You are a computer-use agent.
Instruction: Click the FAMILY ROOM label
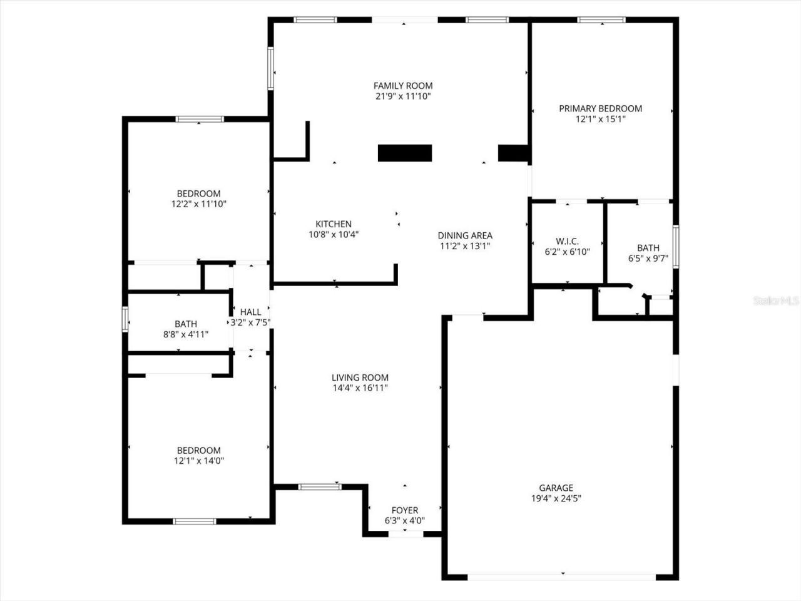point(403,86)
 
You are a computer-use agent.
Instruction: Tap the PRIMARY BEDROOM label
point(600,108)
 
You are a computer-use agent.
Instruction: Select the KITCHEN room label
point(333,224)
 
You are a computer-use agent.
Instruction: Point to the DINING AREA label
point(464,235)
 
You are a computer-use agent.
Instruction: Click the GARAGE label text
point(556,488)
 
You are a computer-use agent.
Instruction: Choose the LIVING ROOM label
point(360,378)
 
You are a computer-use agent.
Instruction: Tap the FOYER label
point(404,510)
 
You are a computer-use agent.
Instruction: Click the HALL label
point(250,312)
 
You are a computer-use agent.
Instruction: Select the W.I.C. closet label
point(567,241)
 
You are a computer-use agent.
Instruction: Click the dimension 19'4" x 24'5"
point(556,499)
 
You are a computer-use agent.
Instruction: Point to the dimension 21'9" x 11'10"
point(403,96)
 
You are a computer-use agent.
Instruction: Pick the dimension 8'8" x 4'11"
point(185,334)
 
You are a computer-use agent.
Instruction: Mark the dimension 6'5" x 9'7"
point(648,258)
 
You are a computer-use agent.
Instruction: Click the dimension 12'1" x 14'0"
point(198,461)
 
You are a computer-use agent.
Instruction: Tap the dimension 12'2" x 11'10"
point(198,204)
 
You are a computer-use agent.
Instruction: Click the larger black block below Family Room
point(405,153)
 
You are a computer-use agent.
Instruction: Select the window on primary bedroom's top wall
point(601,20)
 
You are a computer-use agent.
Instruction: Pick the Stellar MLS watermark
point(776,301)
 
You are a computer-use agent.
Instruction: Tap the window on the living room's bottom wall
point(319,486)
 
